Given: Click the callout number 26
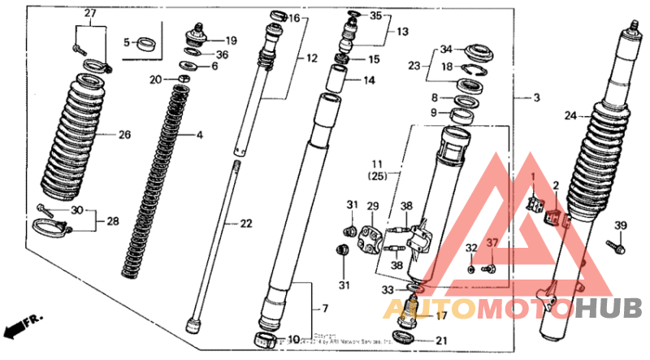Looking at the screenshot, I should coord(124,135).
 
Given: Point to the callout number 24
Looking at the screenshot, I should coord(570,116).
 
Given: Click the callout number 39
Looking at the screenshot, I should coord(620,225).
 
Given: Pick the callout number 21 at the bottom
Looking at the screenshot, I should coord(441,340).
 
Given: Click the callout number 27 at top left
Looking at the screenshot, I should coord(89,14).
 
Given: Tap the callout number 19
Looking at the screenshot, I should coord(231,40).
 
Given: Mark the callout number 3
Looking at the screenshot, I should coord(535,98).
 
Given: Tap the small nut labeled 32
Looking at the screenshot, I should coord(471,267).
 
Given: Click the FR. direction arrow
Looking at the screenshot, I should coord(21,326).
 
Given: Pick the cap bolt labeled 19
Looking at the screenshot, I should coord(196,36).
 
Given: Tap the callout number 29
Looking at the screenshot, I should coord(373,206).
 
